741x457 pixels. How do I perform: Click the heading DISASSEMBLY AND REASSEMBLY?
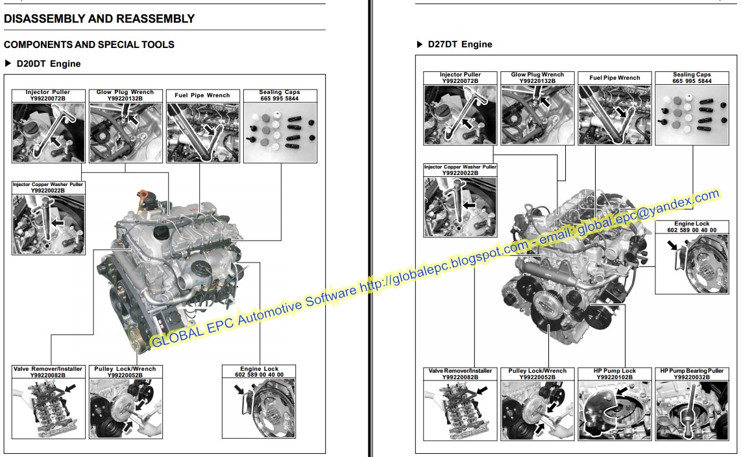pos(99,19)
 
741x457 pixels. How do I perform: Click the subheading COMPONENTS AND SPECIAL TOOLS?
pos(89,45)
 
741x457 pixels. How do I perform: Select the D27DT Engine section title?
pos(459,45)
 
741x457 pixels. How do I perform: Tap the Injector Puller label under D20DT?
pos(48,92)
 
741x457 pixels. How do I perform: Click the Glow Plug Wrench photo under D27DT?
pos(537,114)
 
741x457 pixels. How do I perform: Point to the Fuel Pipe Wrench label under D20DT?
pos(202,95)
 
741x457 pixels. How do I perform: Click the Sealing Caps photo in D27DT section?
pos(692,114)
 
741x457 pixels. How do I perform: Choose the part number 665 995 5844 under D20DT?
pos(279,99)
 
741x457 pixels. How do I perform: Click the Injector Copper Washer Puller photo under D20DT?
pos(48,221)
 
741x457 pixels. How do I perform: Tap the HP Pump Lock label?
pos(614,371)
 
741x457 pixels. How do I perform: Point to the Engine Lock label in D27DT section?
pos(692,224)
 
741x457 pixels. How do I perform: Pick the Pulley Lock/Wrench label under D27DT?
pos(537,371)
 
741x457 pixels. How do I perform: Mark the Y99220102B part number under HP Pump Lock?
pos(614,377)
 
